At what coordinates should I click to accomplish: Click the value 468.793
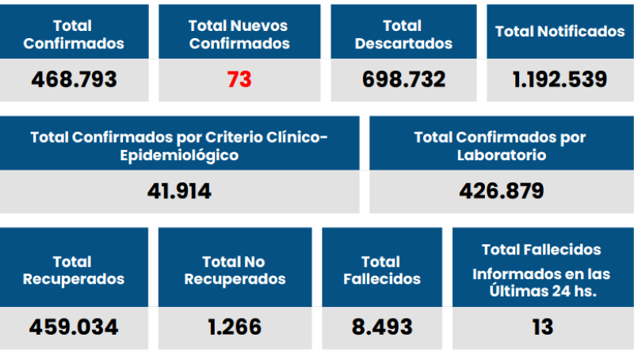pos(74,79)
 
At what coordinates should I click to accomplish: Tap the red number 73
pos(239,79)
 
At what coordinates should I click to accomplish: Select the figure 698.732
pos(403,79)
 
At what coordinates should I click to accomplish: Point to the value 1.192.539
pos(560,79)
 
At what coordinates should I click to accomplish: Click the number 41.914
pos(179,191)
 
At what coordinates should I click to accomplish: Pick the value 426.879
pos(501,191)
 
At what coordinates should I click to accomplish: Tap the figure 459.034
pos(74,327)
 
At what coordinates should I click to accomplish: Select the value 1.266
pos(233,327)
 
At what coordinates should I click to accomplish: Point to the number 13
pos(542,327)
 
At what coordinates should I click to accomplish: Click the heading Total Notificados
pos(560,32)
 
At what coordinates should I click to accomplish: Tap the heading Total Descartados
pos(403,35)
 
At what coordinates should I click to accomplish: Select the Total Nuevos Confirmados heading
pos(239,35)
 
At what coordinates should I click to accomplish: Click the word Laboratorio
pos(501,155)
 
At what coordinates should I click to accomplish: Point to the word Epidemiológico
pos(179,155)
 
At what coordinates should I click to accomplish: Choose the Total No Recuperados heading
pos(233,270)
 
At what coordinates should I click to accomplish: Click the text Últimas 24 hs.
pos(542,290)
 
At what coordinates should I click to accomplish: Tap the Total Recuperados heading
pos(74,270)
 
